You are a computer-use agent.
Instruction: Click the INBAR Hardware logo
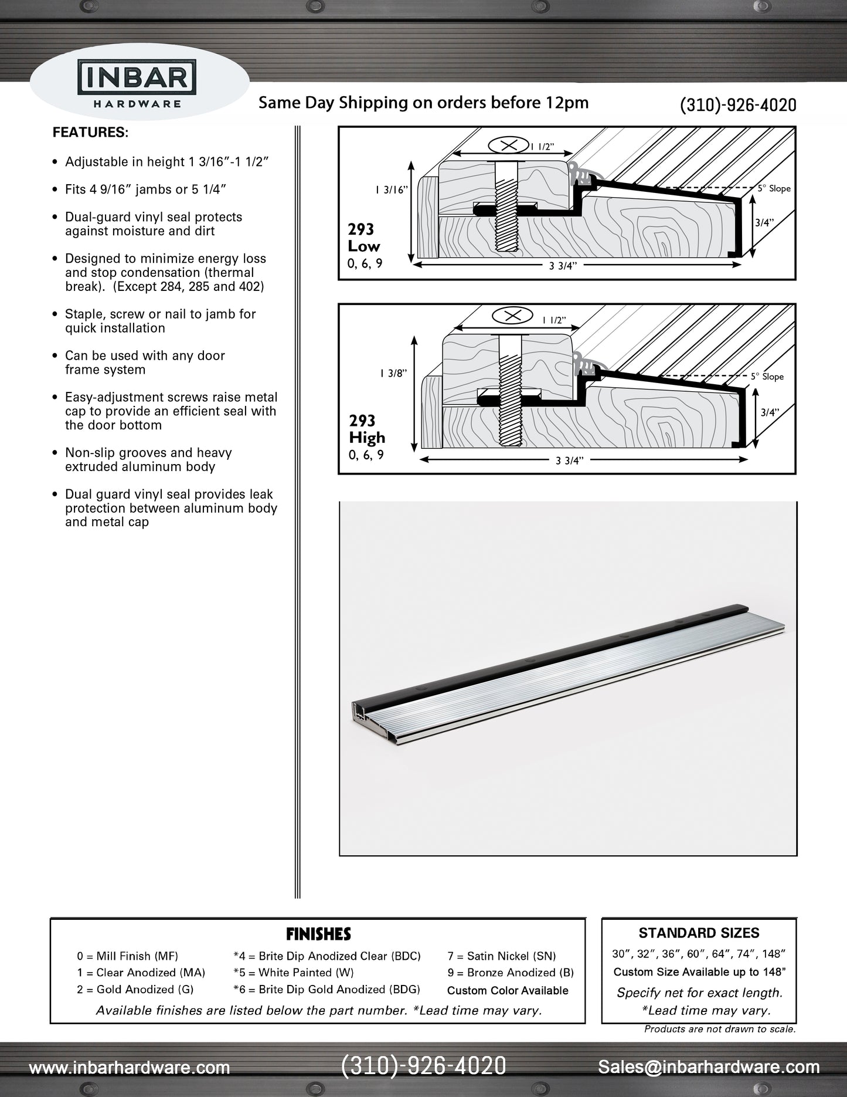(138, 87)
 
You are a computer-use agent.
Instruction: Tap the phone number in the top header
(738, 105)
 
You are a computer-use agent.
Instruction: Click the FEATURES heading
(90, 133)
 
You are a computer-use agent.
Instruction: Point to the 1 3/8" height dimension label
(393, 373)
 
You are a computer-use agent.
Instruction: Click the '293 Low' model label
(363, 238)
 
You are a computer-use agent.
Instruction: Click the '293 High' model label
(367, 429)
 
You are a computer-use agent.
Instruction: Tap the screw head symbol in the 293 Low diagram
(508, 144)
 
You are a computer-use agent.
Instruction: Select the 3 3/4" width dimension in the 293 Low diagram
(563, 266)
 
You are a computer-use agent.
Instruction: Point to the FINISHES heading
(318, 934)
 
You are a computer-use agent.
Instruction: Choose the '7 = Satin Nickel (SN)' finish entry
(501, 956)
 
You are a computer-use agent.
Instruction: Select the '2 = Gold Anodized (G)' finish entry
(135, 989)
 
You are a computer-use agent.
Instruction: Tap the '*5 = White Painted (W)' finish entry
(293, 973)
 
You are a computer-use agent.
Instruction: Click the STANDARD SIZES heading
(699, 933)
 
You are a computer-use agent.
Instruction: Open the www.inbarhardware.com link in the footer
(129, 1068)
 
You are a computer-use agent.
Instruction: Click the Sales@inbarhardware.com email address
(709, 1067)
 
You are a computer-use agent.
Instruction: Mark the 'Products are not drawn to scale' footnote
(720, 1029)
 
